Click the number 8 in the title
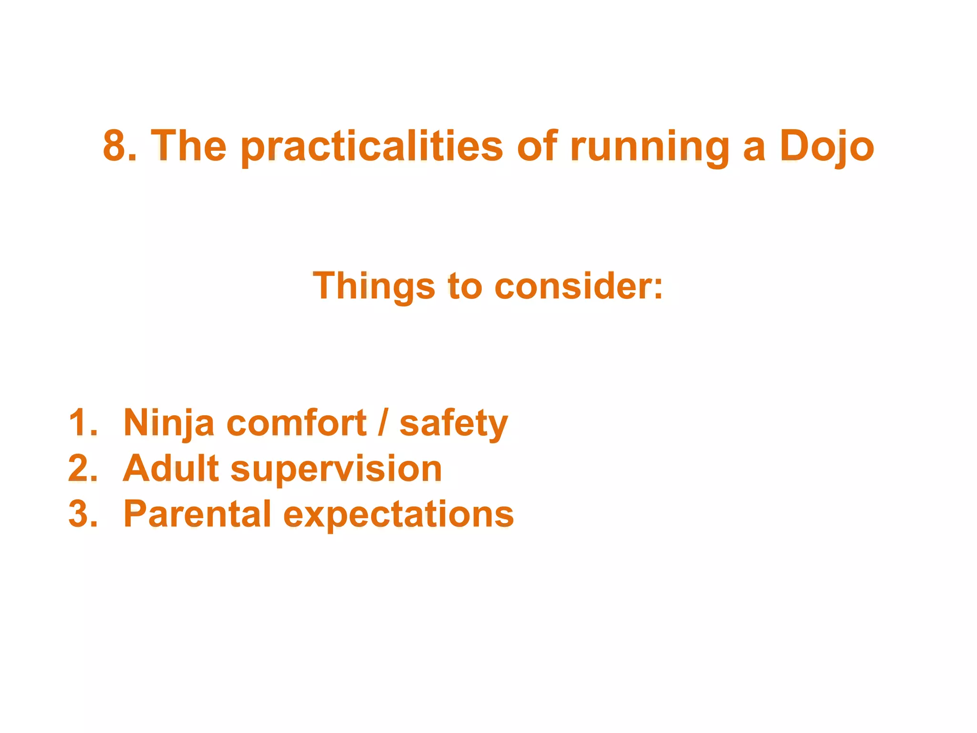pyautogui.click(x=114, y=146)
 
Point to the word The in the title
pyautogui.click(x=189, y=146)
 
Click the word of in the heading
pyautogui.click(x=537, y=146)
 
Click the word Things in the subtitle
pyautogui.click(x=374, y=286)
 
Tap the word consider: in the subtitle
pyautogui.click(x=579, y=286)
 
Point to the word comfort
pyautogui.click(x=296, y=423)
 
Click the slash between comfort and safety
pyautogui.click(x=382, y=423)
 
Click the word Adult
pyautogui.click(x=170, y=468)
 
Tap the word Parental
pyautogui.click(x=197, y=514)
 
